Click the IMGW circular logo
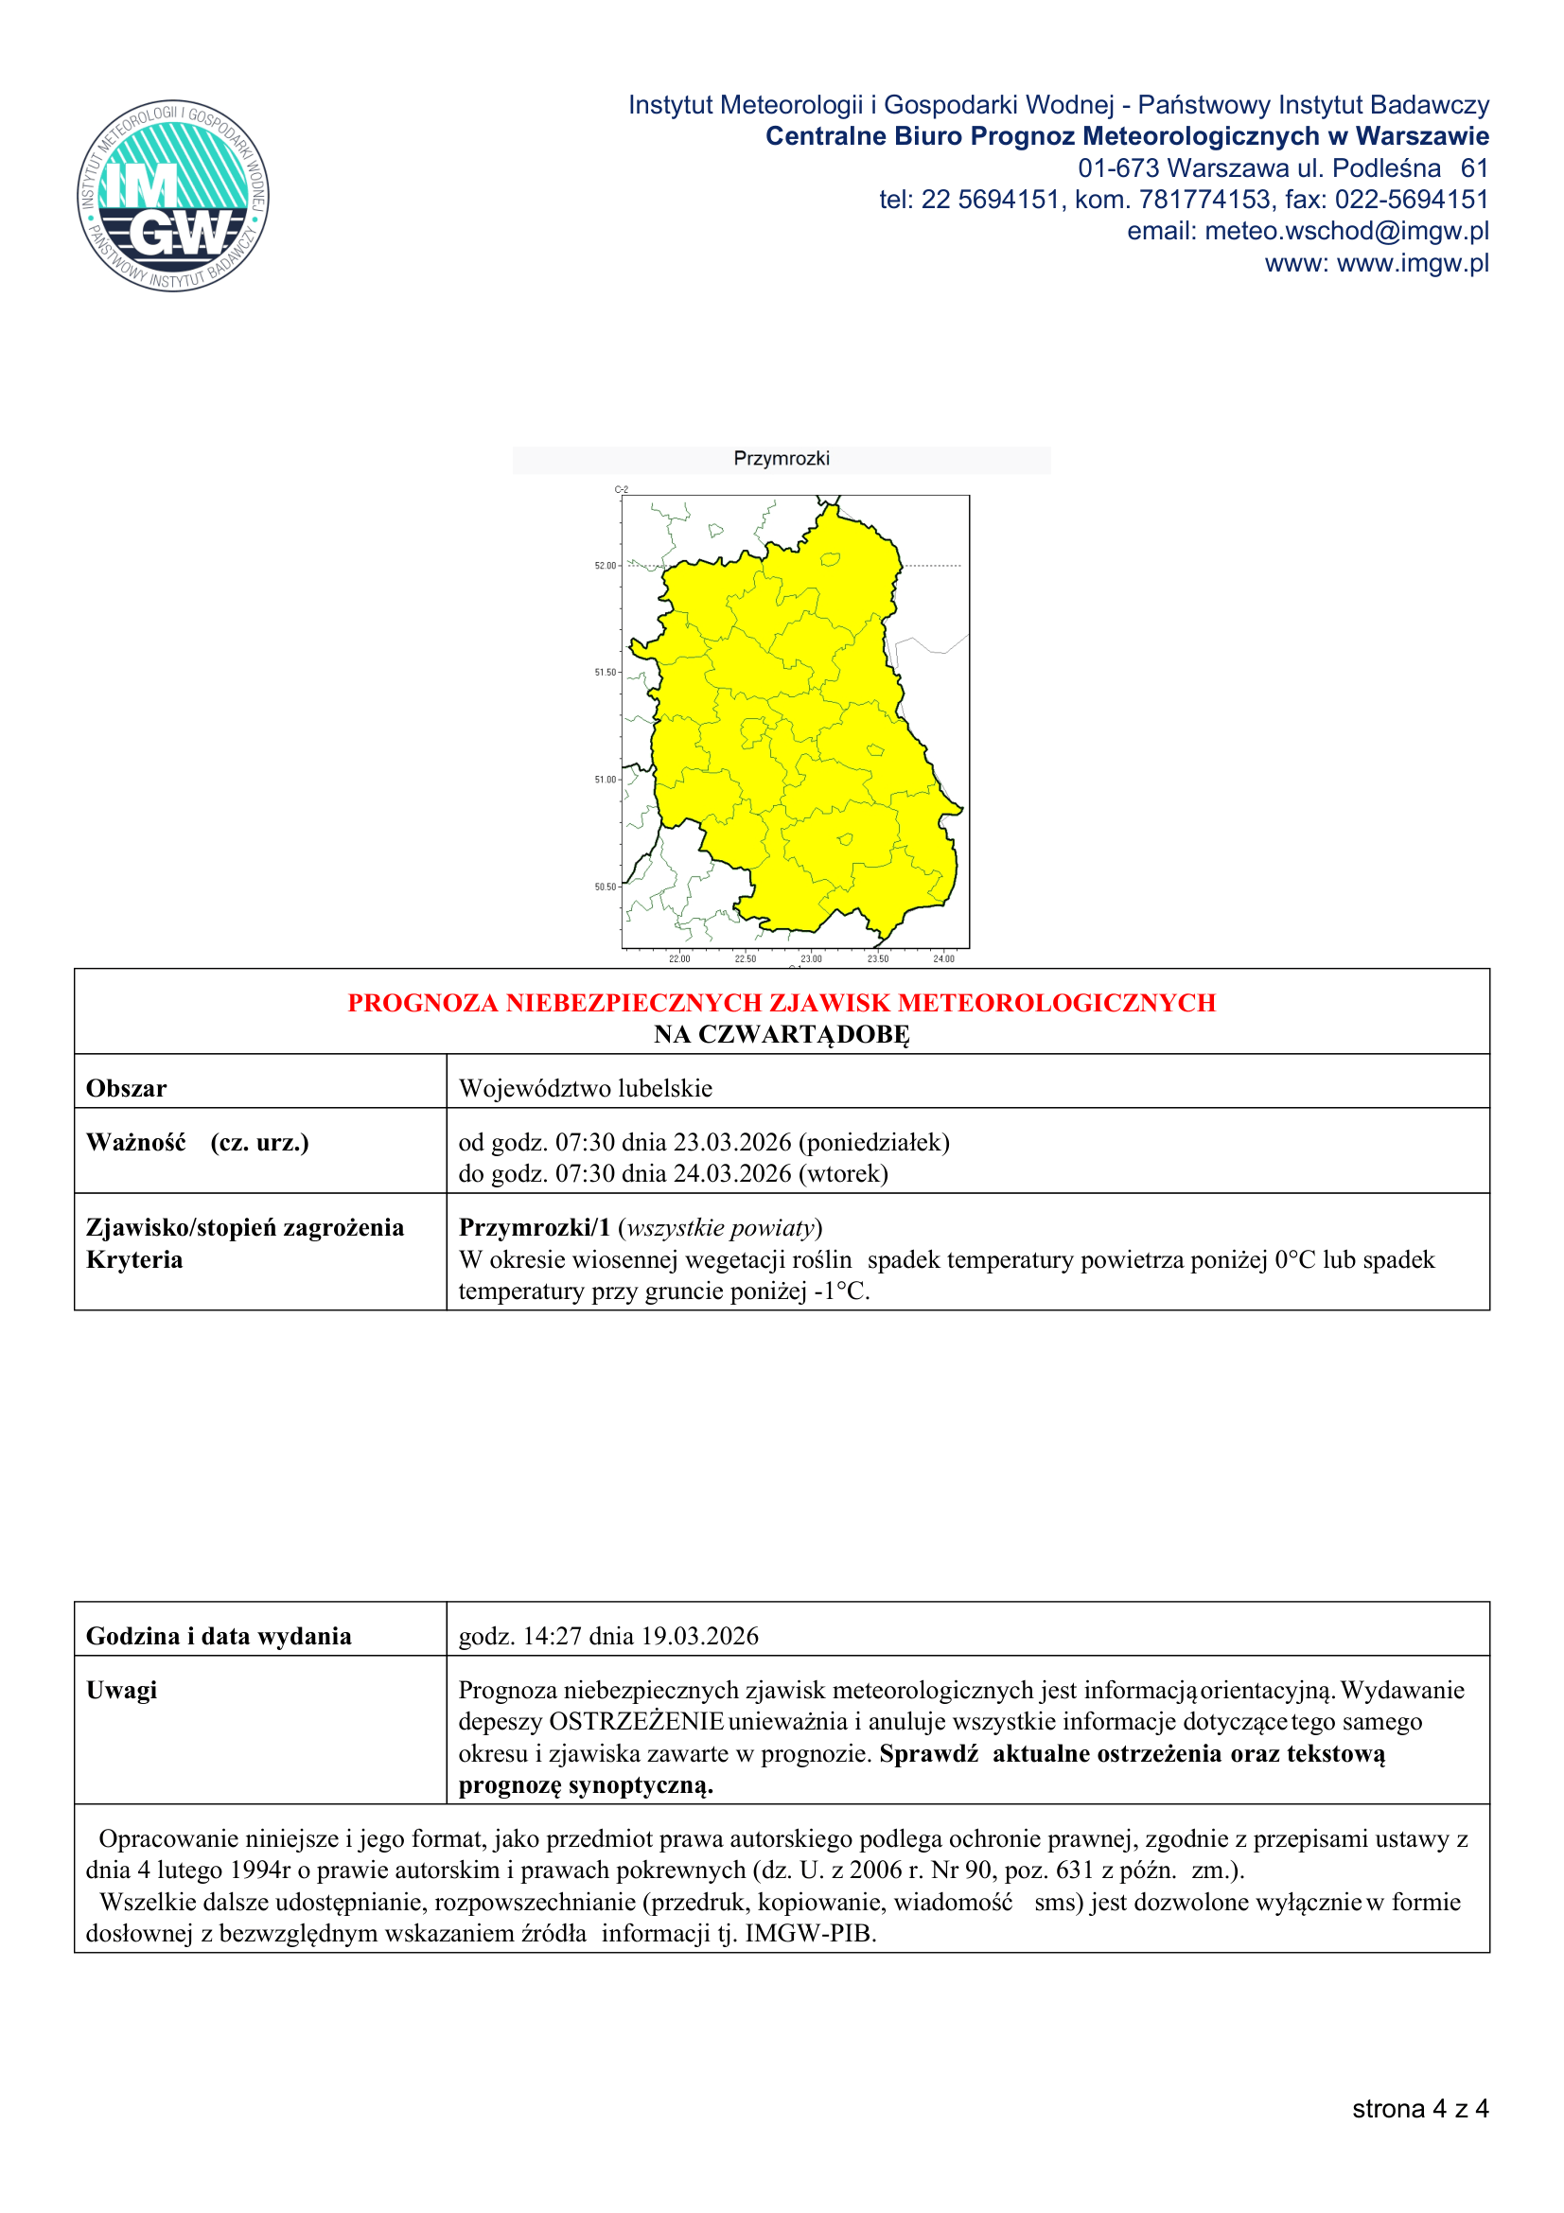[x=173, y=196]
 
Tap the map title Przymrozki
[x=781, y=459]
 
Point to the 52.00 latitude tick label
[x=606, y=566]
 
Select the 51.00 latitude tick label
[x=606, y=780]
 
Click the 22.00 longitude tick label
[x=679, y=959]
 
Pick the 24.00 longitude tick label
[x=943, y=959]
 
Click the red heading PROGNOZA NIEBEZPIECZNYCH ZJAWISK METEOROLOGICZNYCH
[x=782, y=1003]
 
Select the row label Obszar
[x=126, y=1088]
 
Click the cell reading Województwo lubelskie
[x=585, y=1088]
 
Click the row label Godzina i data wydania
[x=219, y=1636]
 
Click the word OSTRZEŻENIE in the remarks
[x=636, y=1721]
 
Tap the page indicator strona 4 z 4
[x=1419, y=2109]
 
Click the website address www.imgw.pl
[x=1412, y=263]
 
